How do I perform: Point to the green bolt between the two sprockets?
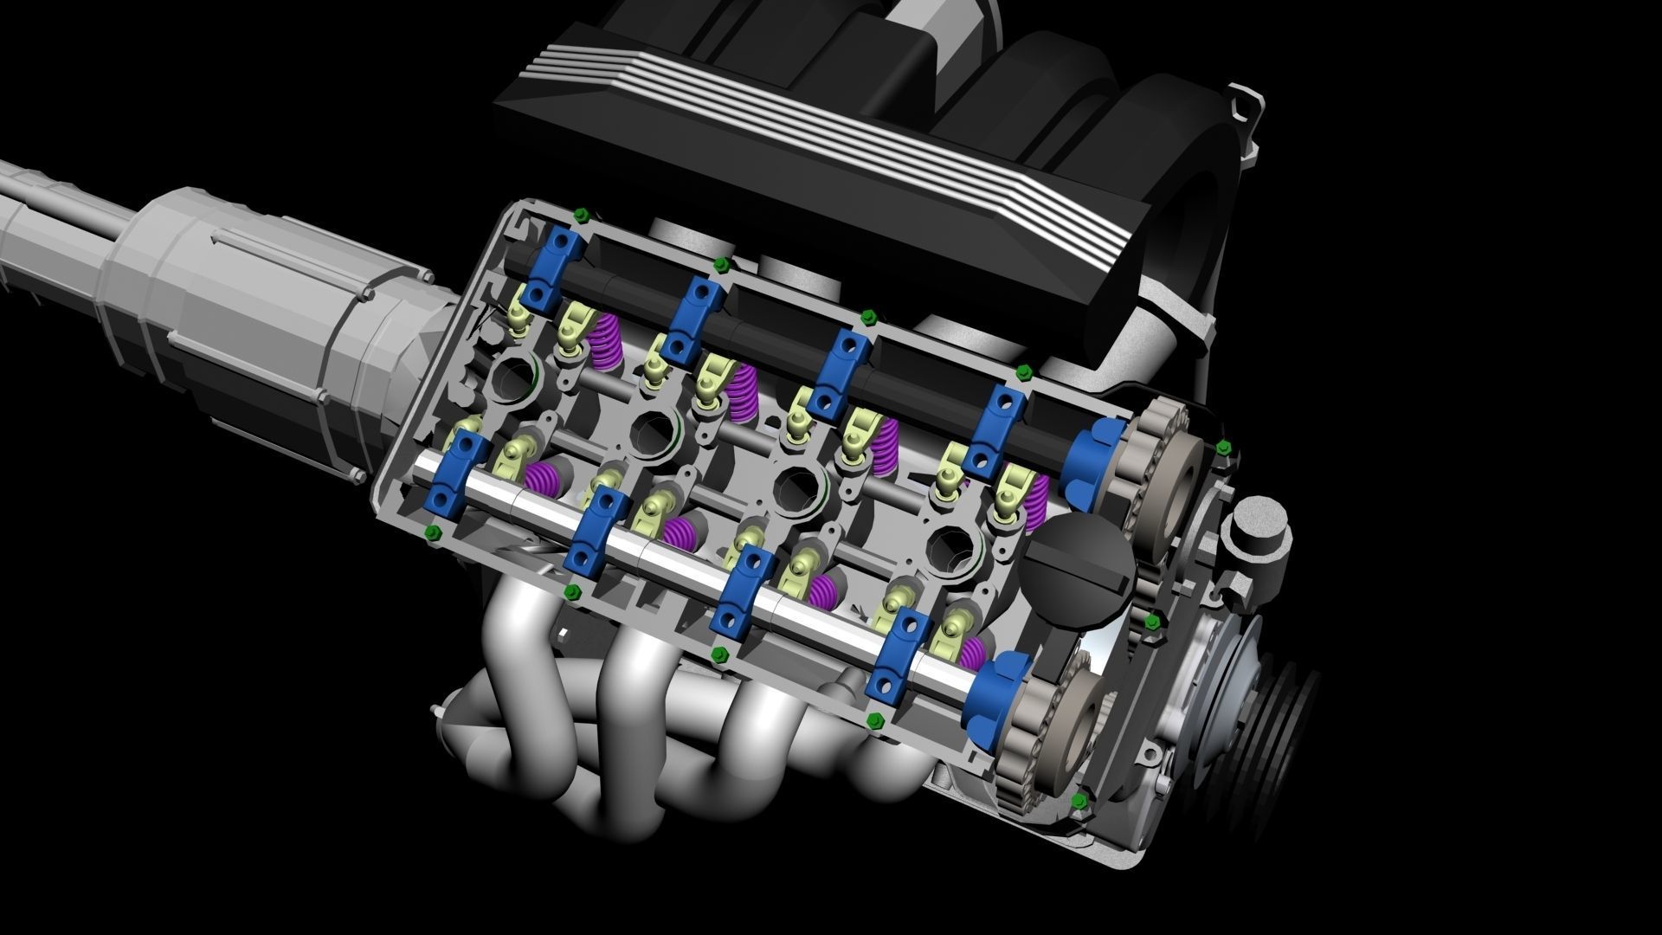[x=1151, y=622]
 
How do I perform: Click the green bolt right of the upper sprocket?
[x=1223, y=448]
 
